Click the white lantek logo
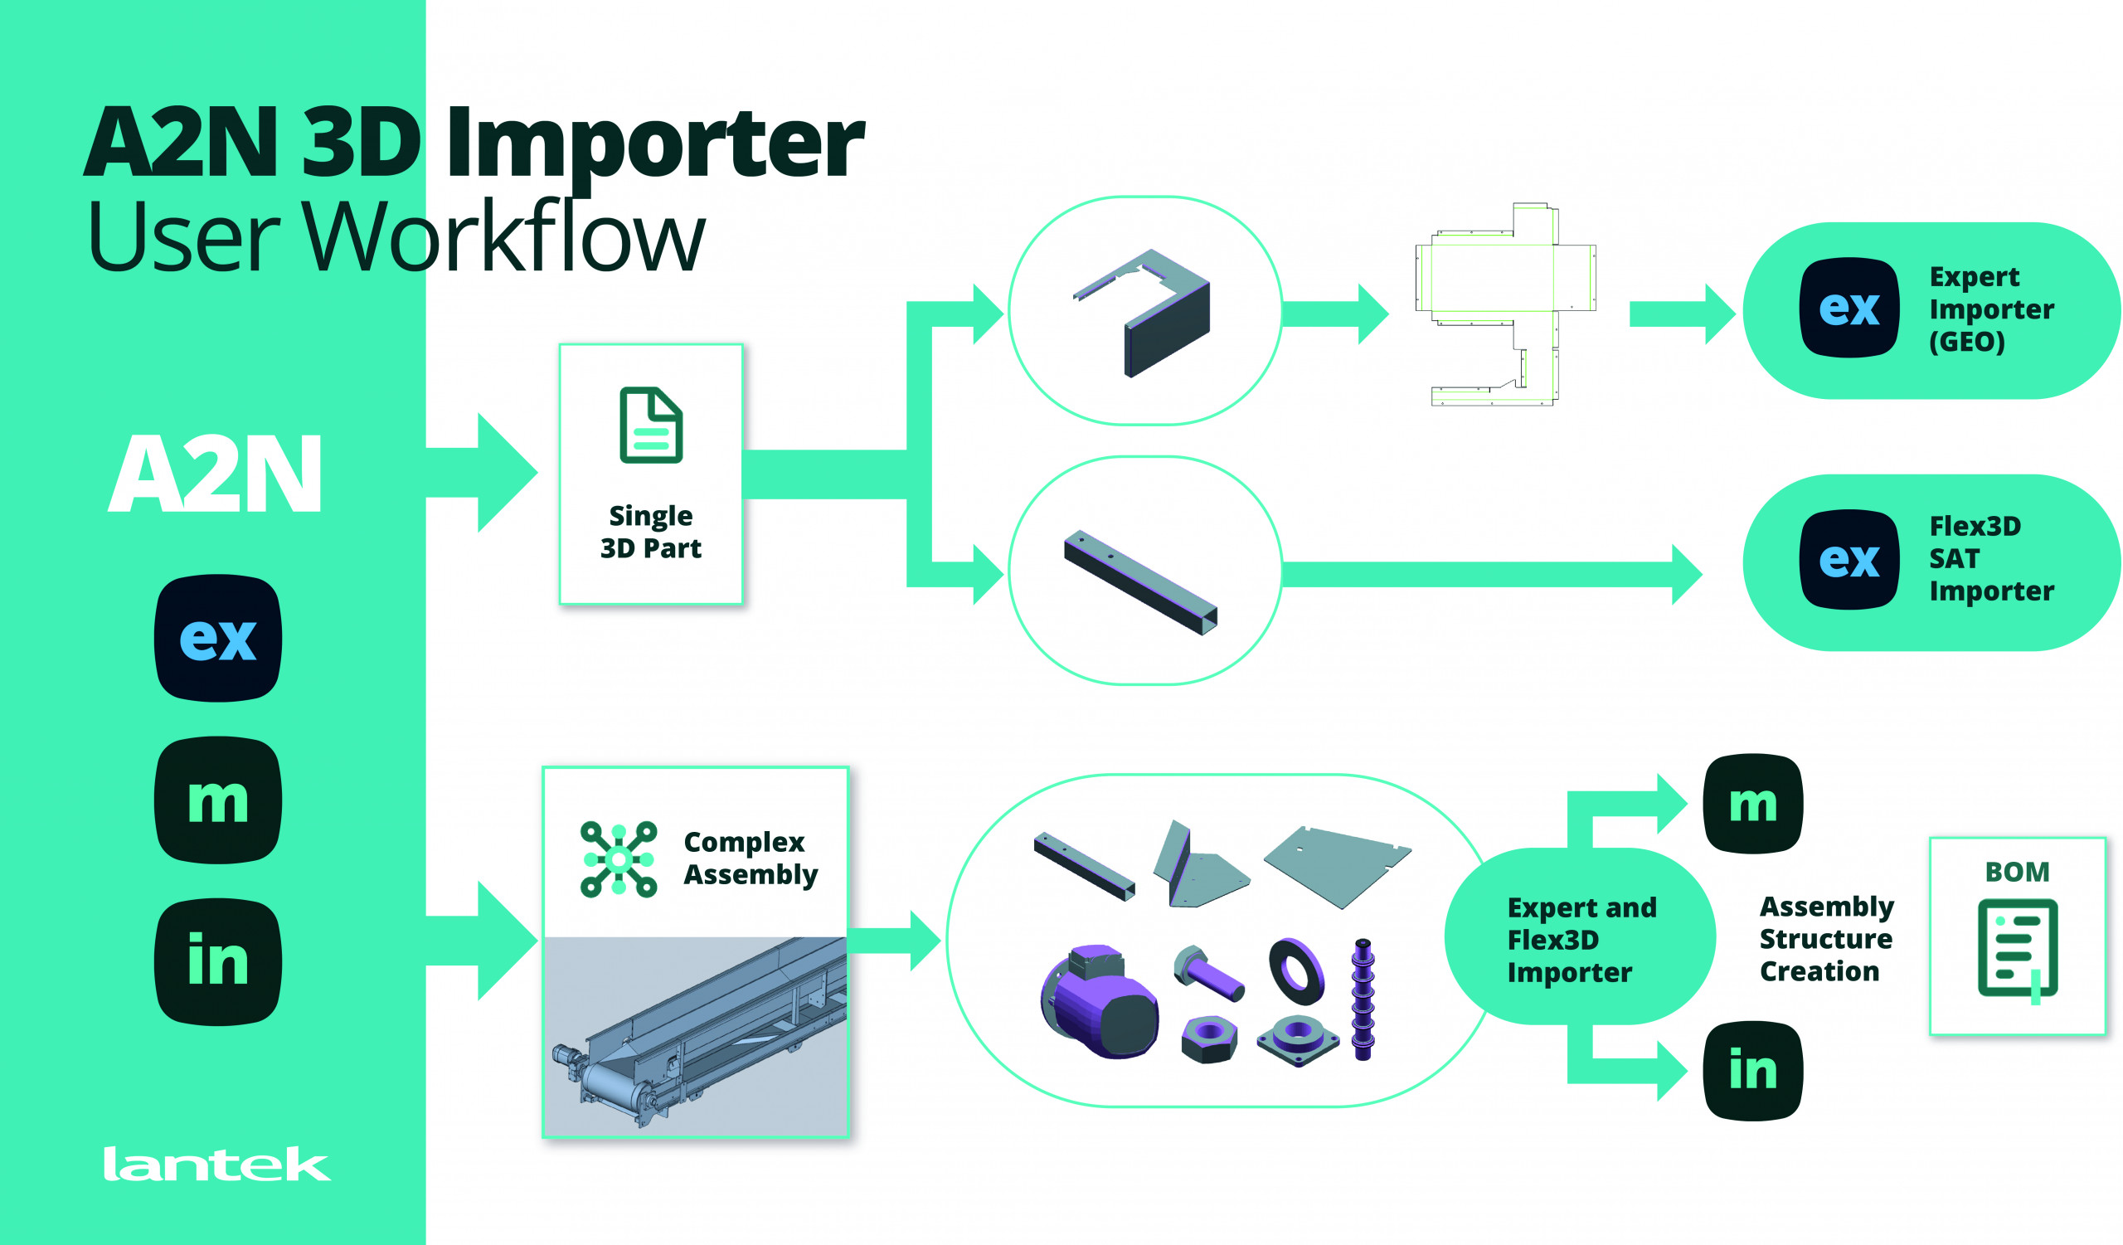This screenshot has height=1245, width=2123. (x=216, y=1165)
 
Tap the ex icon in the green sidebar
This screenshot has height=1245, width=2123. (x=218, y=638)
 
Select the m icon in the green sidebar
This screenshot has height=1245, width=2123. (x=218, y=800)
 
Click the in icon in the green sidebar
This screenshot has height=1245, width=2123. (x=218, y=961)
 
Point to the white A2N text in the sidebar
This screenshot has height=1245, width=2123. (x=216, y=474)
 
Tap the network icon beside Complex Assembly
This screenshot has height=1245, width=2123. (x=619, y=858)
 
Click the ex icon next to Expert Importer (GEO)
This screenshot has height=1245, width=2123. (x=1849, y=308)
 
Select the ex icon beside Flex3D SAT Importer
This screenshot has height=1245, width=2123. (x=1849, y=559)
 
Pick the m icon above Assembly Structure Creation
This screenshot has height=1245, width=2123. (x=1752, y=803)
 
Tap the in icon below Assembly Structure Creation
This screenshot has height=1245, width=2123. (x=1752, y=1071)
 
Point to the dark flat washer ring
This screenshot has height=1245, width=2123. (x=1296, y=971)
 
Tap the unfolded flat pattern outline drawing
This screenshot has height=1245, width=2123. (x=1504, y=305)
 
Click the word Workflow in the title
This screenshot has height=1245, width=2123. (x=503, y=238)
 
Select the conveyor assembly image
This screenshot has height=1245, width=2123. (x=695, y=1036)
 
